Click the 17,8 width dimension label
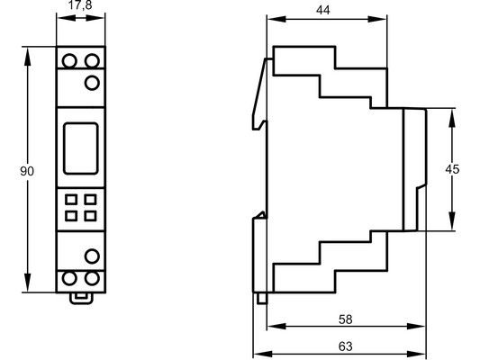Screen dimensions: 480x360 80,4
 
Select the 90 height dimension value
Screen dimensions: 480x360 27,171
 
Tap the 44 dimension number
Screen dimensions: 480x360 323,10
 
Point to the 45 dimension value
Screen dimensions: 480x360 452,169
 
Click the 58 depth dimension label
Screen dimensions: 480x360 345,319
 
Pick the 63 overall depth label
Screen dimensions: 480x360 345,346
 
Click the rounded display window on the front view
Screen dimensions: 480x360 81,148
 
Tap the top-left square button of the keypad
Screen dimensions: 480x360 71,200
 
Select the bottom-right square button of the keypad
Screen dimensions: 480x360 90,216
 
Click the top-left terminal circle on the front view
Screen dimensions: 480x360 69,60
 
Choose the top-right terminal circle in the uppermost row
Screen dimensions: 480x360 92,60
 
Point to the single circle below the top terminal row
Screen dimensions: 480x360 92,83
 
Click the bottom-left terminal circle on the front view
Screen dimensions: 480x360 69,278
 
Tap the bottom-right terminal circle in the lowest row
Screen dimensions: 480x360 92,278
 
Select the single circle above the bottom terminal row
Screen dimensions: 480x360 92,256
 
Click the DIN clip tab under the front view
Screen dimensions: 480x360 81,298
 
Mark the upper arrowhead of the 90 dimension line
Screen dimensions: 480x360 28,56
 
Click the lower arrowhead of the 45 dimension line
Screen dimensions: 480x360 452,220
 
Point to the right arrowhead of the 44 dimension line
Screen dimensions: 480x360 377,19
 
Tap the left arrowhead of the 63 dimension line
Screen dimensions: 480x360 263,354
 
